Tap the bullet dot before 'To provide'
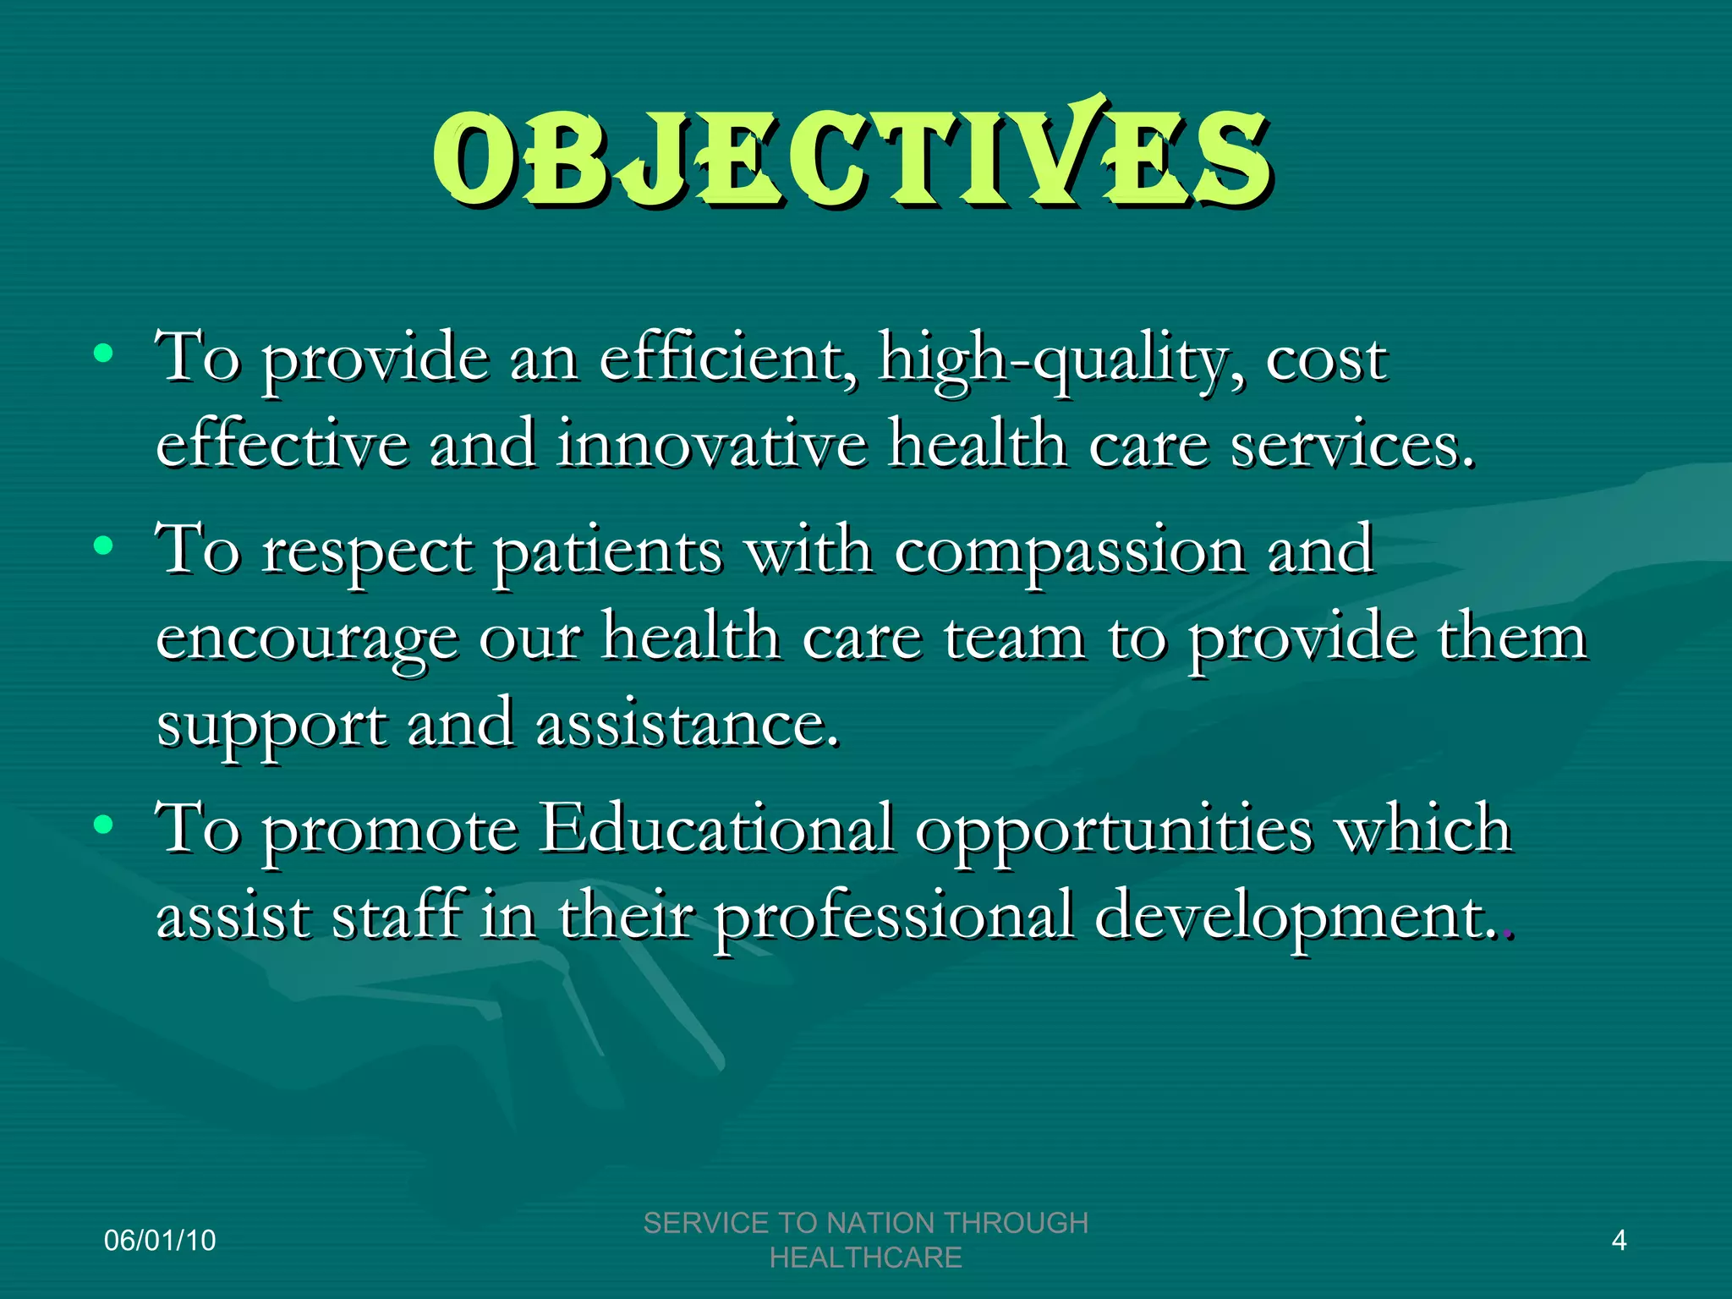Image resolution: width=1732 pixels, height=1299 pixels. [103, 354]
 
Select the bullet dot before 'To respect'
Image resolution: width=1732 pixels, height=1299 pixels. [103, 546]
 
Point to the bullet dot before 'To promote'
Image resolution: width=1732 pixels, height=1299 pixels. [103, 824]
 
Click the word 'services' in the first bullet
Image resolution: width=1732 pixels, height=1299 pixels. [1350, 445]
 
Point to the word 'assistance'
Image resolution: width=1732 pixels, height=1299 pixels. [687, 726]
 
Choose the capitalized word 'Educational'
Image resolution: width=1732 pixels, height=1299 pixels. [717, 829]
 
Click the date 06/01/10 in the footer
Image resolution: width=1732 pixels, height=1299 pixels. [160, 1241]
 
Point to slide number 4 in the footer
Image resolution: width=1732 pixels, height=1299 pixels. [1619, 1241]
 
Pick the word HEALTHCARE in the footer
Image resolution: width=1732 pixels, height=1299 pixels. [865, 1258]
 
